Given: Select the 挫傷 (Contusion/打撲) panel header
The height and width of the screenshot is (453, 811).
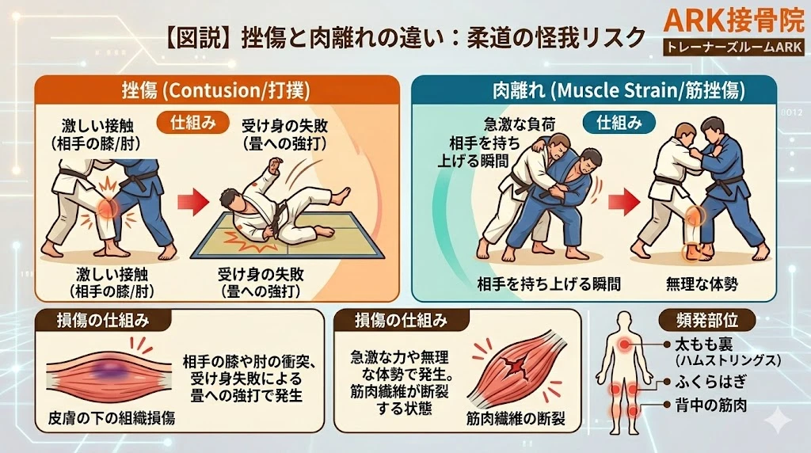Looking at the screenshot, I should click(x=215, y=89).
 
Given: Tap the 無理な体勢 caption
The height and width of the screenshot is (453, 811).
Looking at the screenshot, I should click(x=700, y=282).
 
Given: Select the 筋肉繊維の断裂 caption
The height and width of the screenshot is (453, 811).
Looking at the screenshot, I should click(x=516, y=417).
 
